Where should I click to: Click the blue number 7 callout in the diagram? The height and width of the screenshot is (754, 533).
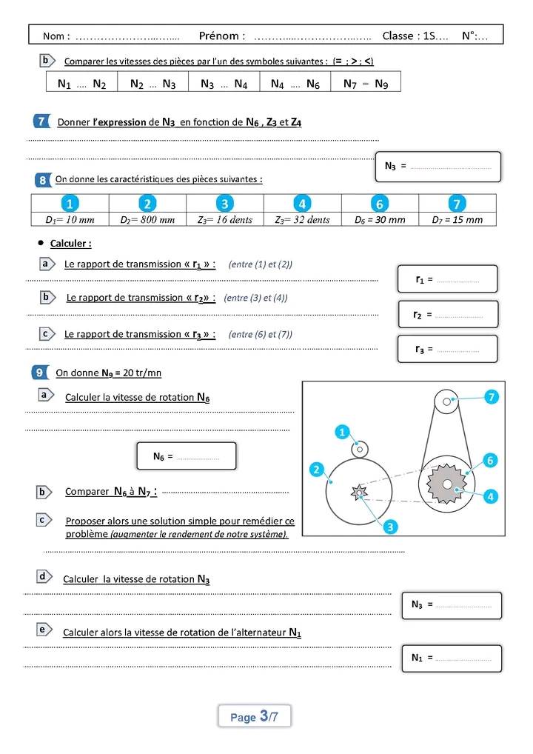click(491, 397)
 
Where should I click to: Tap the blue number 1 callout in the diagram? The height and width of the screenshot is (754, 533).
click(341, 430)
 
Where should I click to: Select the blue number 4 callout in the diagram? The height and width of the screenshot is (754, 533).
click(490, 496)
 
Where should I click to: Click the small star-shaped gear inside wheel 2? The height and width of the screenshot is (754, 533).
click(359, 491)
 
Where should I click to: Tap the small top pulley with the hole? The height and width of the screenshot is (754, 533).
click(447, 402)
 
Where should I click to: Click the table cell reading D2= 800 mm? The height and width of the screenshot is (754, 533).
click(147, 219)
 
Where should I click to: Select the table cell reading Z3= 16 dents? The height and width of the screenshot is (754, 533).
click(225, 219)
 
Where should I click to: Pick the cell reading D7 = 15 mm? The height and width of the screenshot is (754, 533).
click(457, 219)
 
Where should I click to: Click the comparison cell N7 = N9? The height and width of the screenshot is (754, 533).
click(366, 84)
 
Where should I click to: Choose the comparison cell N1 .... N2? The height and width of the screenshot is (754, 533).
click(81, 84)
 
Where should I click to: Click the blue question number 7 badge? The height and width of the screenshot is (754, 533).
click(42, 121)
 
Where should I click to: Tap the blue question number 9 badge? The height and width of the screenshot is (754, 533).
click(41, 373)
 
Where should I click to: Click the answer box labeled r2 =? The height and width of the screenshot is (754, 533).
click(448, 314)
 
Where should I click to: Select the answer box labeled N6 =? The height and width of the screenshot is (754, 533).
click(186, 456)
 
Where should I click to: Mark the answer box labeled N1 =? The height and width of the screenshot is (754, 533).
click(451, 658)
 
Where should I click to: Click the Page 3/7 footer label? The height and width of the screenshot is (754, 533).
click(254, 716)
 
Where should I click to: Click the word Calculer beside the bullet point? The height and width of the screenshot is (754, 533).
click(70, 244)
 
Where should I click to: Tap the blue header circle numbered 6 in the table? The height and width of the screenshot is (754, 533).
click(379, 204)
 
